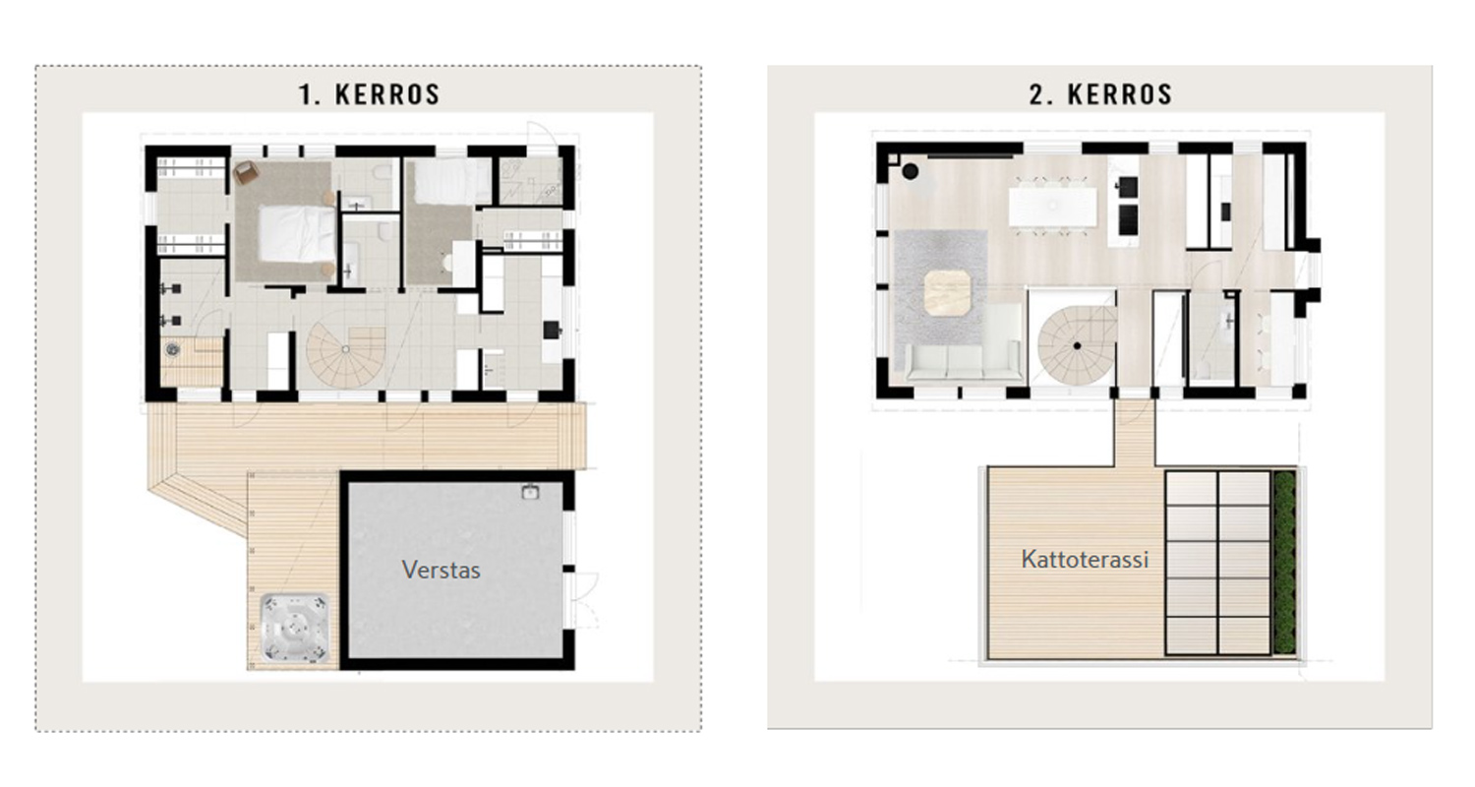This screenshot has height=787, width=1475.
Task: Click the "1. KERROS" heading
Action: coord(369,94)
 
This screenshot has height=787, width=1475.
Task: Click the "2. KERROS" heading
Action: coord(1101,94)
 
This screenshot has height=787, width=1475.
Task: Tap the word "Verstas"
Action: coord(442,570)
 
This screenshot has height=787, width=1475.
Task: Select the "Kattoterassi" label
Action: coord(1086,559)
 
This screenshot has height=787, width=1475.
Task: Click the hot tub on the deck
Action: coord(295,627)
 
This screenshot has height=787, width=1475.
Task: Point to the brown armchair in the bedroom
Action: coord(246,172)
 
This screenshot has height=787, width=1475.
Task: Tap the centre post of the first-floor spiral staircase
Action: coord(346,349)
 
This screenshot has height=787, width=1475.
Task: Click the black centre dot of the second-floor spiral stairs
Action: coord(1078,345)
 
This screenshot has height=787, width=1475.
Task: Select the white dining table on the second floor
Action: coord(1053,207)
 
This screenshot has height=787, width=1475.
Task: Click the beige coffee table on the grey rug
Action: coord(948,292)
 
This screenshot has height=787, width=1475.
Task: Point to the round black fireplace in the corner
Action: coord(910,172)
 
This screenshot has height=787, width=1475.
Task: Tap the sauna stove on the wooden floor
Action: coord(173,350)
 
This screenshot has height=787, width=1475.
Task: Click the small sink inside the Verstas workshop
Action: coord(530,491)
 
